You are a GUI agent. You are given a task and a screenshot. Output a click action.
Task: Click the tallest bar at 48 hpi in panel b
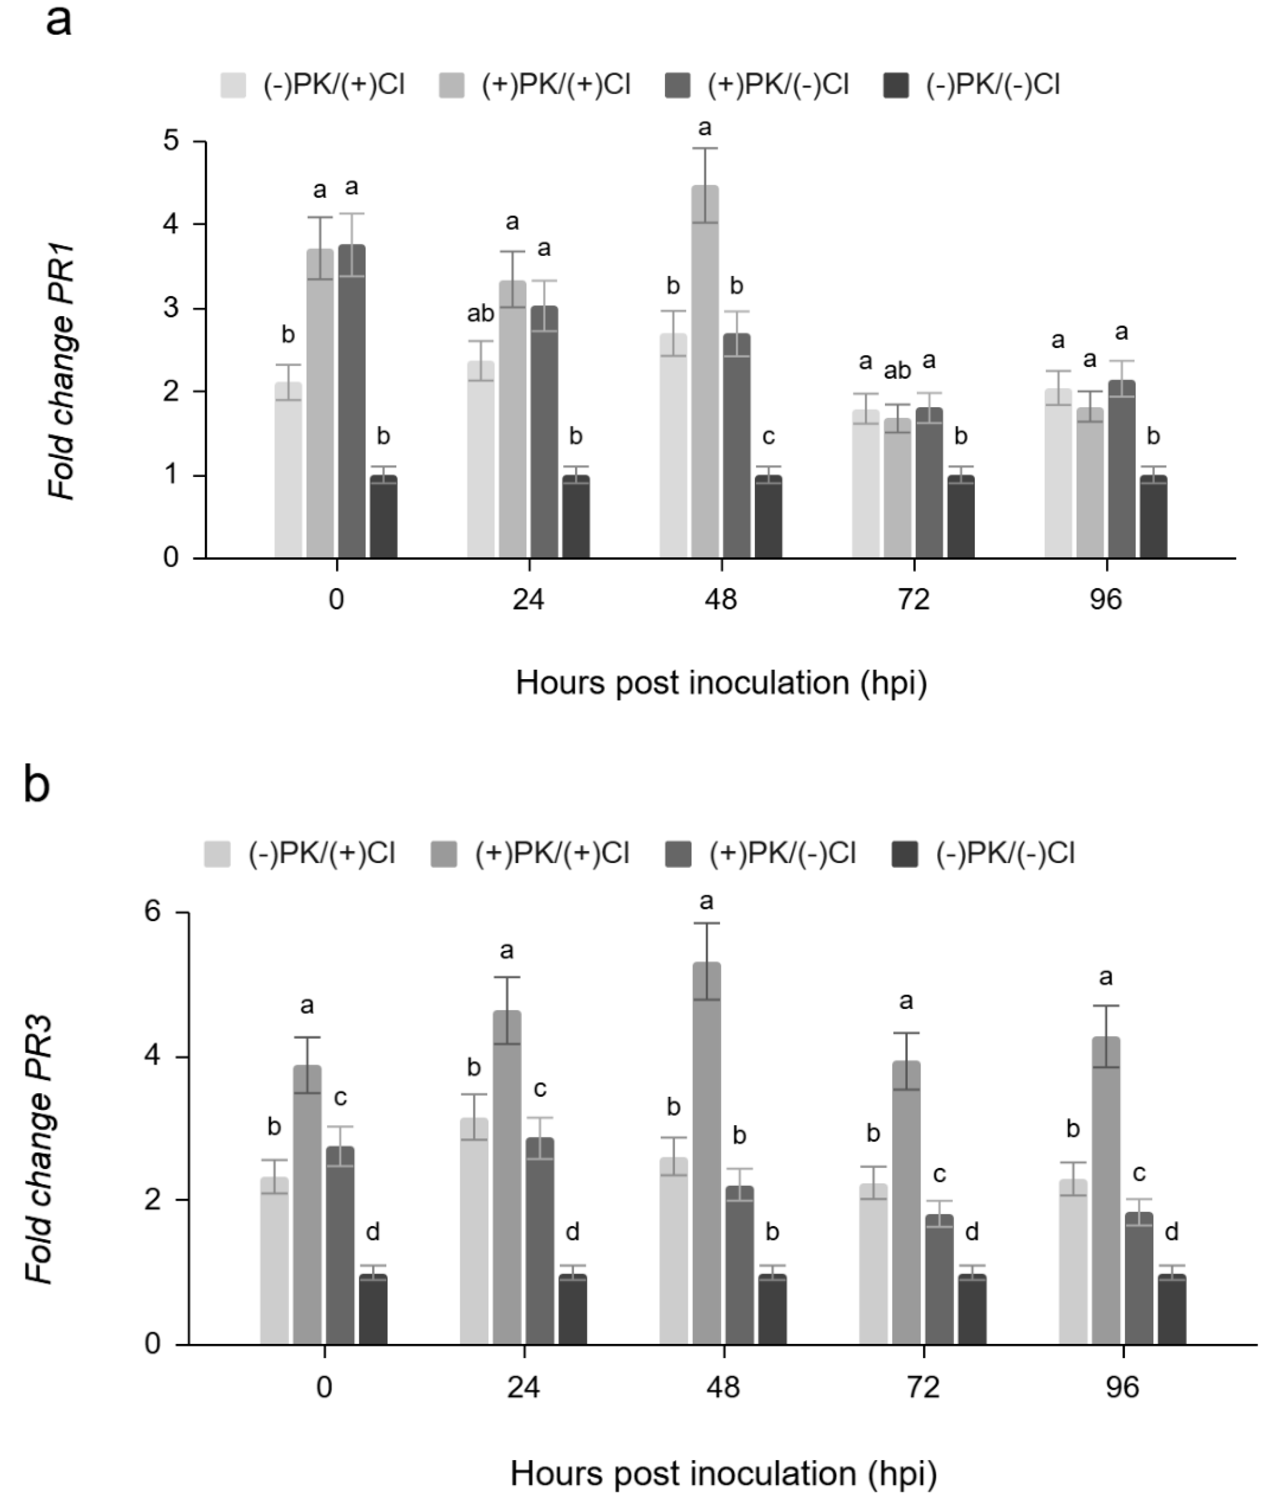tap(706, 1153)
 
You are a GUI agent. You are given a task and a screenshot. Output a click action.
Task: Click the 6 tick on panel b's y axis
tap(153, 912)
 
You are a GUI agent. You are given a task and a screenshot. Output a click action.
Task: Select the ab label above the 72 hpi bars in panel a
tap(897, 371)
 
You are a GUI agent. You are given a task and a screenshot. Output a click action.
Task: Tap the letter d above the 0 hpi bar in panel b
tap(373, 1232)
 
